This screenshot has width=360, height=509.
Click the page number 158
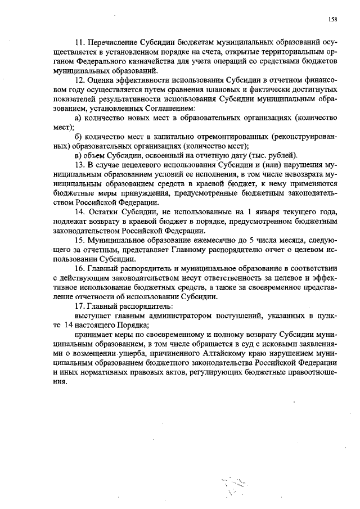pos(332,19)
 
